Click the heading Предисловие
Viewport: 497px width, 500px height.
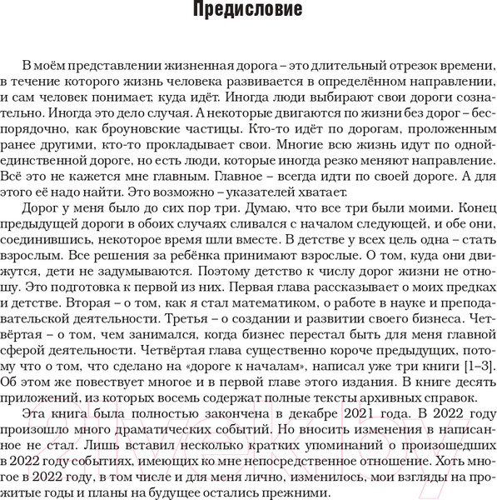(x=247, y=12)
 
